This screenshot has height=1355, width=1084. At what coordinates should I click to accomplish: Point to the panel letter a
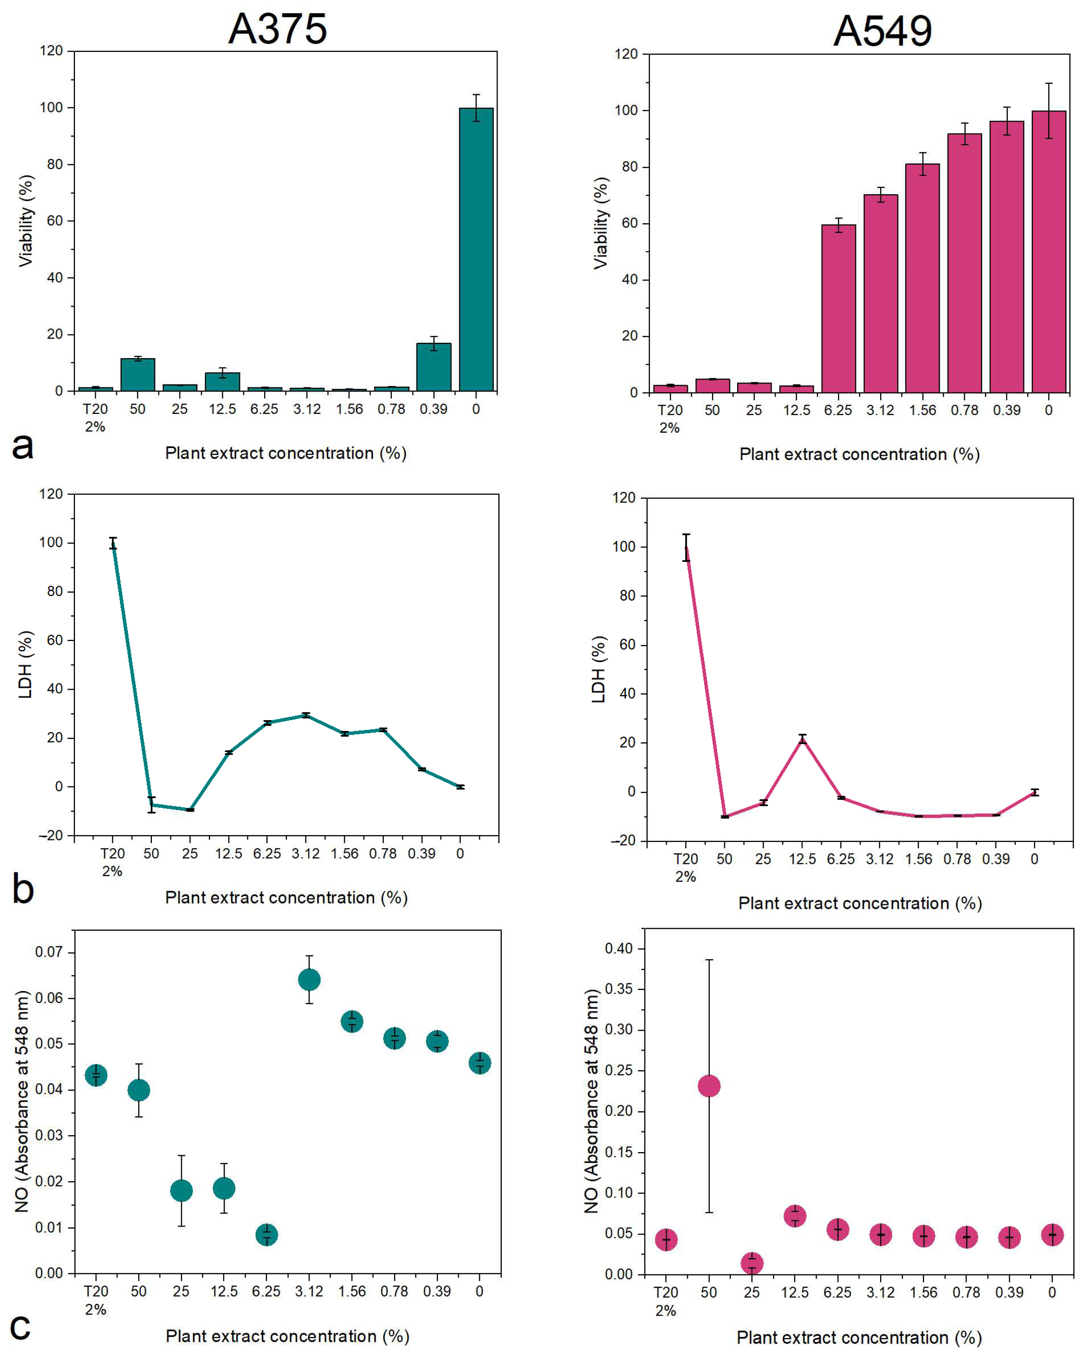(23, 446)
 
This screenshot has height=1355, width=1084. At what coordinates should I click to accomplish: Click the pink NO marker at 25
(751, 1263)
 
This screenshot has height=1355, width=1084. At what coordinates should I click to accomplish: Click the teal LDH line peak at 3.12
(306, 715)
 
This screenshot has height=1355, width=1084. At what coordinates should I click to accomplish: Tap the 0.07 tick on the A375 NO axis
(49, 952)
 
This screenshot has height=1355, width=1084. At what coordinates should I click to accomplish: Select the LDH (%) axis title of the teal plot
(25, 665)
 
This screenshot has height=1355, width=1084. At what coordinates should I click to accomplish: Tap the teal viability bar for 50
(138, 375)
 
